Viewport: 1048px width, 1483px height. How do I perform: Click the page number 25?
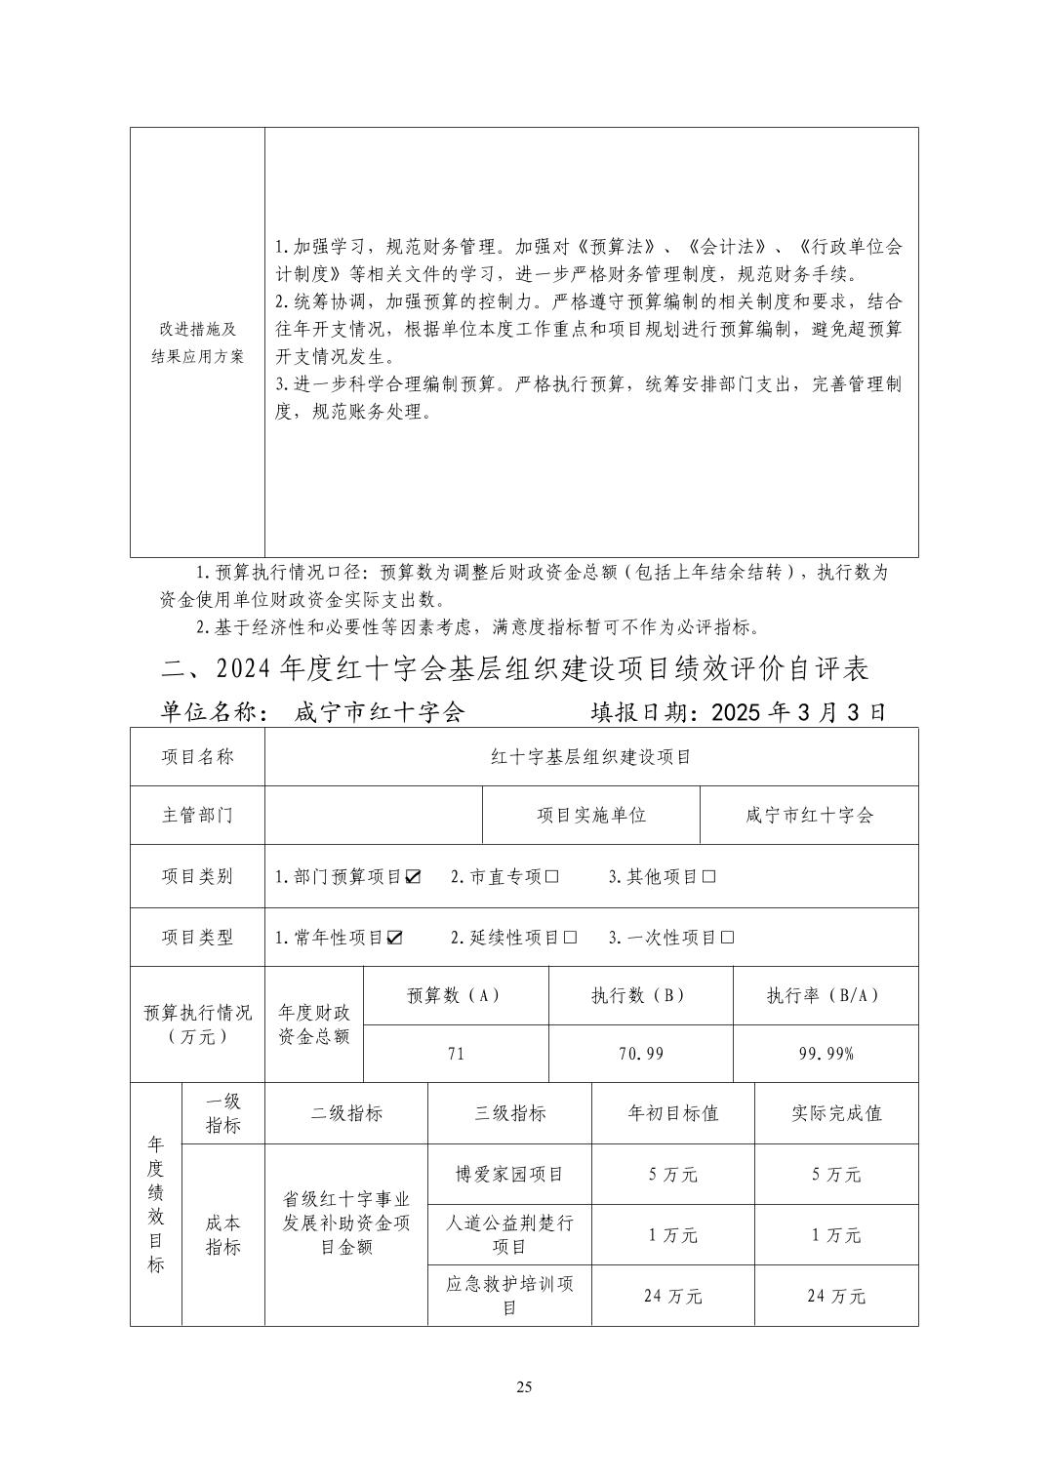524,1387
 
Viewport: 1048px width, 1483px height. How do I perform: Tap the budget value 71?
456,1054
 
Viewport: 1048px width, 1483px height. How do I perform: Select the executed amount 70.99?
640,1054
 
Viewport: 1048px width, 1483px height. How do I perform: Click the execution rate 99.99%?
825,1054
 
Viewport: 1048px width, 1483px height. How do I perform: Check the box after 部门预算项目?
413,876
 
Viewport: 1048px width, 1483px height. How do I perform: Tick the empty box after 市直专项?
551,876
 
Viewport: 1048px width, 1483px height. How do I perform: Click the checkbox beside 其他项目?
708,876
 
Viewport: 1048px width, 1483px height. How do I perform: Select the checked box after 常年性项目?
394,938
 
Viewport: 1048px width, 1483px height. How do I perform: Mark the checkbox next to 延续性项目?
570,938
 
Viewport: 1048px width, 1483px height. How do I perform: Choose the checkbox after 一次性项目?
727,938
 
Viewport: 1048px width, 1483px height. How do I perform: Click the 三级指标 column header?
509,1113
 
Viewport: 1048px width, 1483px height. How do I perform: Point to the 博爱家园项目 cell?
509,1174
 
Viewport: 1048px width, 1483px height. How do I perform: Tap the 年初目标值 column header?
672,1113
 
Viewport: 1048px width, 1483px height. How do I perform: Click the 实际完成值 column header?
836,1113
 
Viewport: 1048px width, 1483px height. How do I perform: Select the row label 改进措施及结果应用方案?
197,342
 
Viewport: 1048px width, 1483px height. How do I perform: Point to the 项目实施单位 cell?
591,815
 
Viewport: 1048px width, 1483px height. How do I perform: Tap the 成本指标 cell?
222,1234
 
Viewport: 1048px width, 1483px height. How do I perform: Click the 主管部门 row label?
197,815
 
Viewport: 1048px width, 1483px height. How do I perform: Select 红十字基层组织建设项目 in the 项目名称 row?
590,756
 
